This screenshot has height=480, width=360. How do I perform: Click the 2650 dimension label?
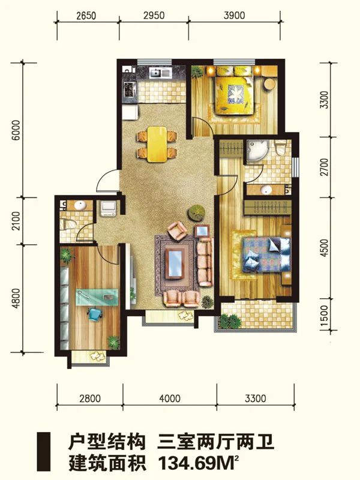click(x=86, y=16)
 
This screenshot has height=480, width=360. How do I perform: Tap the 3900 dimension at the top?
click(x=234, y=15)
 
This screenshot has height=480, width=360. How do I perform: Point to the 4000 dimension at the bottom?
click(x=170, y=398)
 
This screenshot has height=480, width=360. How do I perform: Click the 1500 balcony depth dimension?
click(x=325, y=316)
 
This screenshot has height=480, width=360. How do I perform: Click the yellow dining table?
click(x=157, y=144)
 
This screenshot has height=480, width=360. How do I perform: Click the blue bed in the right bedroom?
click(x=266, y=254)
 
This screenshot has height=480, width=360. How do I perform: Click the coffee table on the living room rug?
click(x=176, y=263)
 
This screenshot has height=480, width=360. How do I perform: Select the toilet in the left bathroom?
click(x=67, y=224)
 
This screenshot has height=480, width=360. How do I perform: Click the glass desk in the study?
click(x=97, y=297)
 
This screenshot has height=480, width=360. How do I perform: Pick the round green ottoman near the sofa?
click(x=196, y=212)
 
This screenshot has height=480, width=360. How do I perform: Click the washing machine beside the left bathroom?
click(x=108, y=208)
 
